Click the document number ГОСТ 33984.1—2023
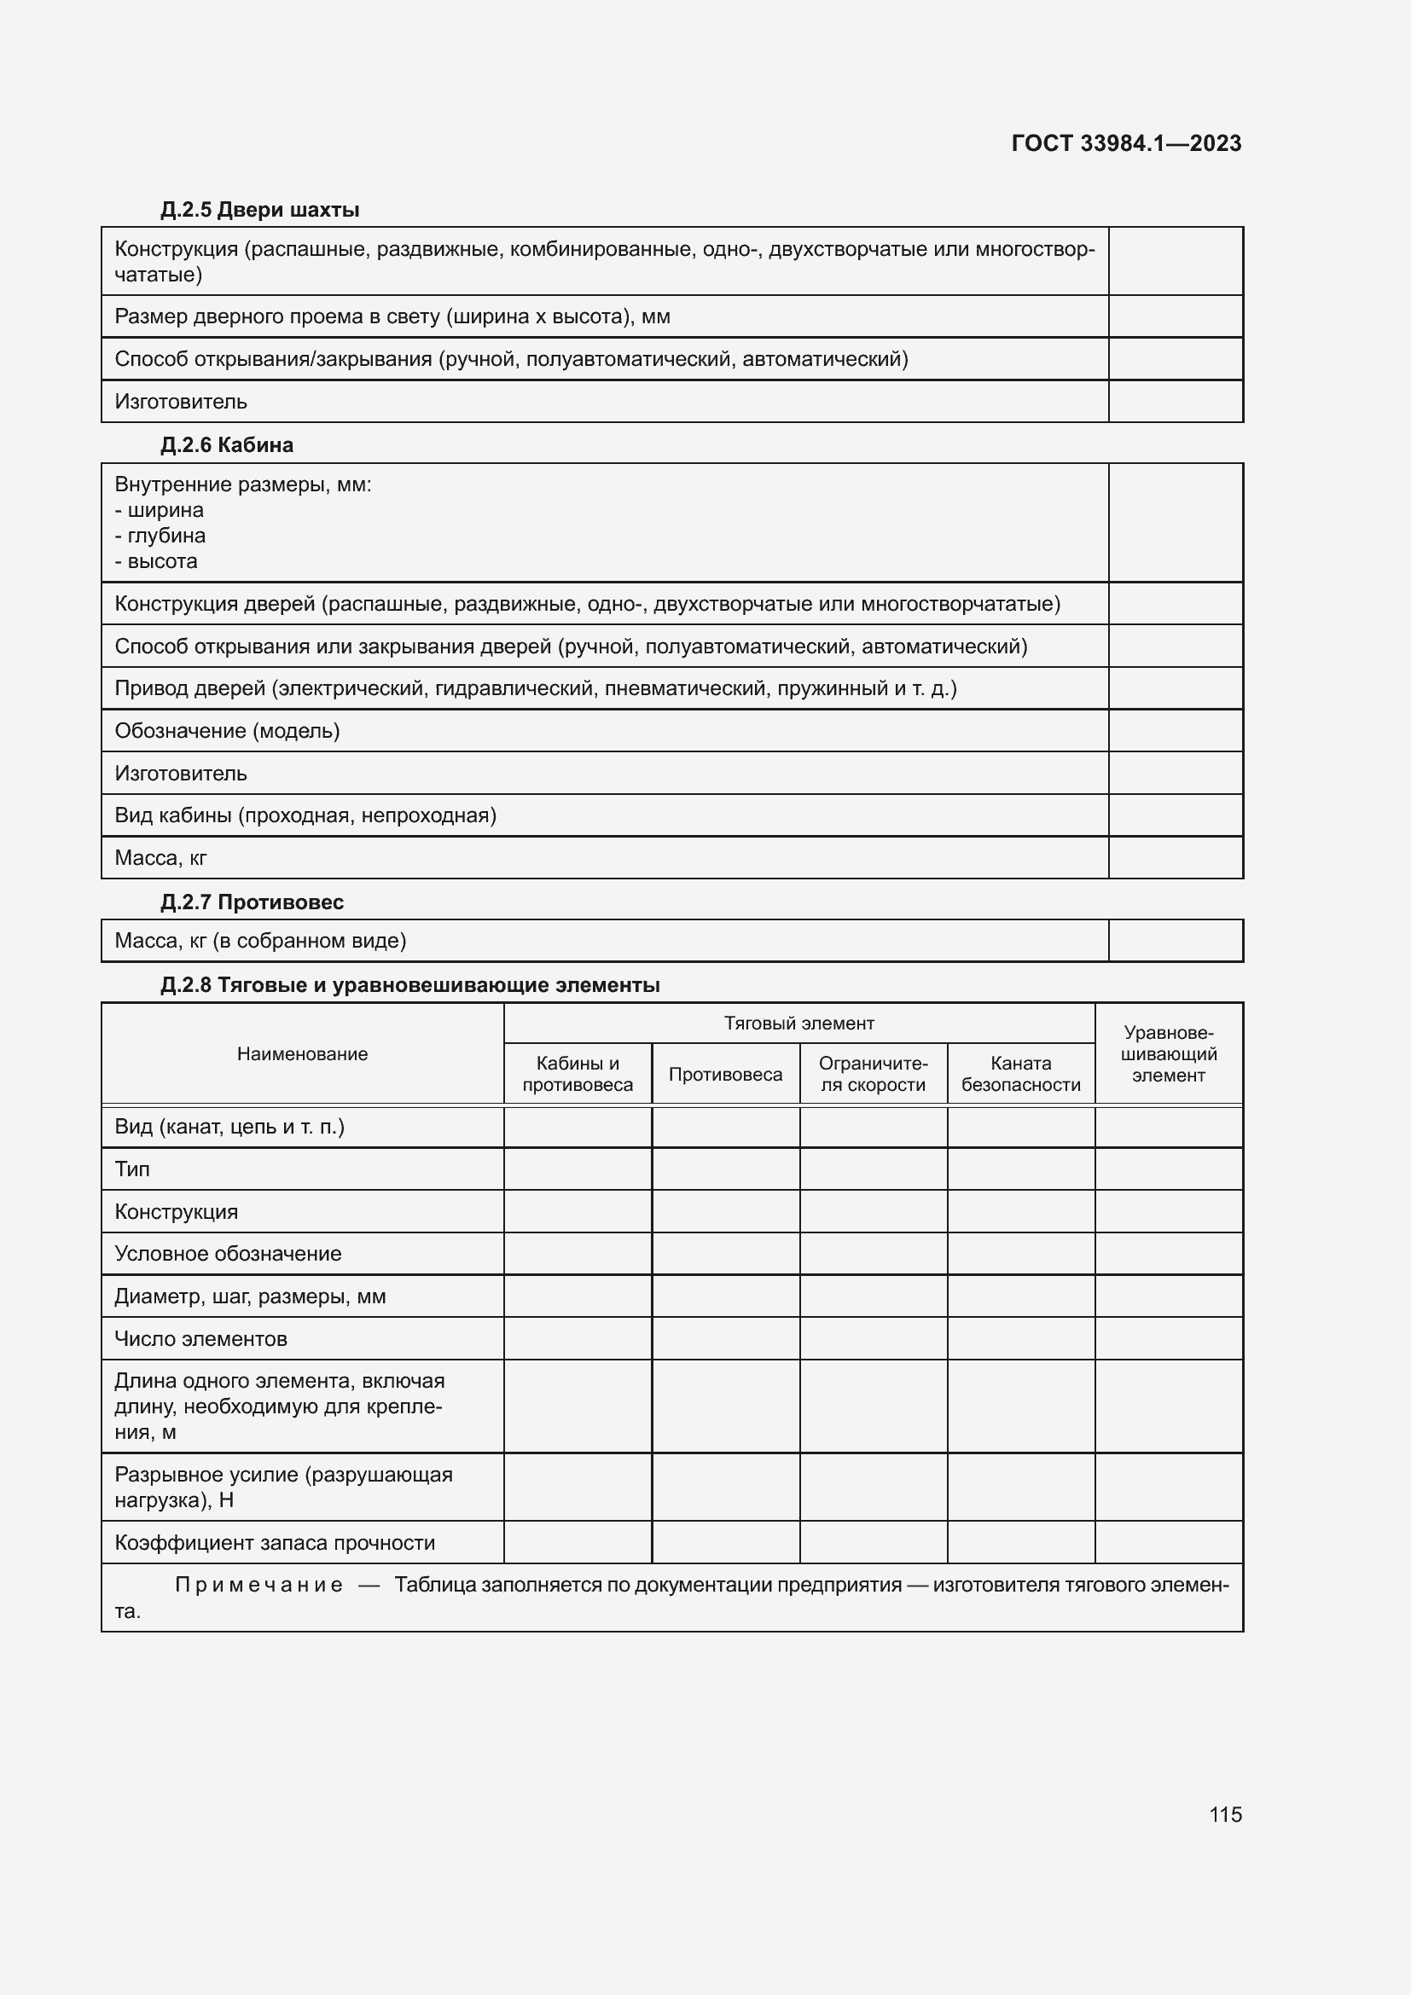click(x=1126, y=143)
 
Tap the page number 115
click(x=1225, y=1814)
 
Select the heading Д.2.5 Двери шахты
click(x=259, y=210)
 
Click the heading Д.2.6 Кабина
click(x=226, y=445)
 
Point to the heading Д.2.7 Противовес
click(x=252, y=902)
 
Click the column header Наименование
click(x=302, y=1054)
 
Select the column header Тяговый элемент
click(x=798, y=1024)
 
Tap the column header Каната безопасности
click(x=1021, y=1074)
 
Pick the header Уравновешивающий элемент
click(x=1169, y=1054)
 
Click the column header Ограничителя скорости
click(x=874, y=1074)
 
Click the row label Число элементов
click(x=200, y=1339)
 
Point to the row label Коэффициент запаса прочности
click(x=275, y=1542)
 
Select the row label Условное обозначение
click(x=228, y=1254)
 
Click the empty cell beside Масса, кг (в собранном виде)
click(x=1175, y=941)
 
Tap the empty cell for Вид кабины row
click(x=1175, y=815)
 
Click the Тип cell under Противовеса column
click(x=725, y=1169)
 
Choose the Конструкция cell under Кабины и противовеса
click(x=578, y=1211)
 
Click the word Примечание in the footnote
click(x=259, y=1585)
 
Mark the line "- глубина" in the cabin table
click(x=160, y=536)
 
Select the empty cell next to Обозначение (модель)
click(x=1175, y=731)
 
